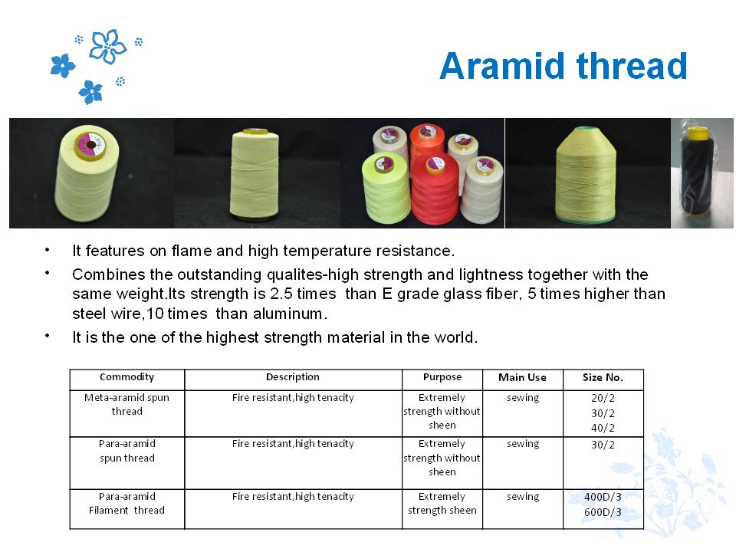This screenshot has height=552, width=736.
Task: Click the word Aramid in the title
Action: (x=502, y=66)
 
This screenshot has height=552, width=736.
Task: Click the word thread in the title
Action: (x=632, y=66)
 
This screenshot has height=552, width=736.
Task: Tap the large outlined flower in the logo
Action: (x=107, y=47)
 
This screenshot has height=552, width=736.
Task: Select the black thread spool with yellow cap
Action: (x=698, y=172)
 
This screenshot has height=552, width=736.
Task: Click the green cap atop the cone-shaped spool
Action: (x=585, y=129)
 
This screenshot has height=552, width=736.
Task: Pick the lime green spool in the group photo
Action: (x=386, y=188)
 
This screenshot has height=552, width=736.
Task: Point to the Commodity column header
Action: (x=127, y=377)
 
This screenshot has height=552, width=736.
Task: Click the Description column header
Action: (x=293, y=377)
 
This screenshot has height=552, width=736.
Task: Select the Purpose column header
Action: (x=442, y=377)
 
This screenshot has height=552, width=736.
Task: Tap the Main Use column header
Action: (x=522, y=377)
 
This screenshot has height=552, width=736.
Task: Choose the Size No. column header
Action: (x=603, y=377)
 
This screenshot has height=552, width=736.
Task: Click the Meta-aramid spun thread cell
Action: (x=127, y=404)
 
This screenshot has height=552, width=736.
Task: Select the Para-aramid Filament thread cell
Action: (x=127, y=503)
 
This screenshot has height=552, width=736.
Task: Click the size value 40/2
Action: (x=603, y=428)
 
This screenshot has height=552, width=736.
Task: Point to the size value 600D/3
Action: (x=603, y=512)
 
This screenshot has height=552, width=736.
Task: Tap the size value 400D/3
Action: (x=603, y=497)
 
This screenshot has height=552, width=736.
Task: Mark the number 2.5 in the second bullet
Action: (x=281, y=294)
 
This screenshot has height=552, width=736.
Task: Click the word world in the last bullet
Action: (x=453, y=337)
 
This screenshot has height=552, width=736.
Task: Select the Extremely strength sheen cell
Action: (x=442, y=503)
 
